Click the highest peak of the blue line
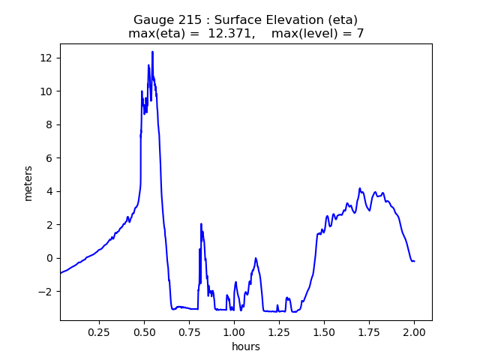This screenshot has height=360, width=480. tap(152, 52)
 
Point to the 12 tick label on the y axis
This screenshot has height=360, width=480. tap(46, 58)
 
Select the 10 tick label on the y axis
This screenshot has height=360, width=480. tap(46, 91)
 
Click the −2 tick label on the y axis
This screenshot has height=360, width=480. tap(46, 291)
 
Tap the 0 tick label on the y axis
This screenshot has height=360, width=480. tap(49, 258)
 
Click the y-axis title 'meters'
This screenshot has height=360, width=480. tap(28, 182)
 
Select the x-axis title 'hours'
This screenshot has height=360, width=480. tap(246, 346)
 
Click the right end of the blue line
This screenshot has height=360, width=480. tap(414, 261)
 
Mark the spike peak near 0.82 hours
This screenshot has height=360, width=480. tap(201, 223)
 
